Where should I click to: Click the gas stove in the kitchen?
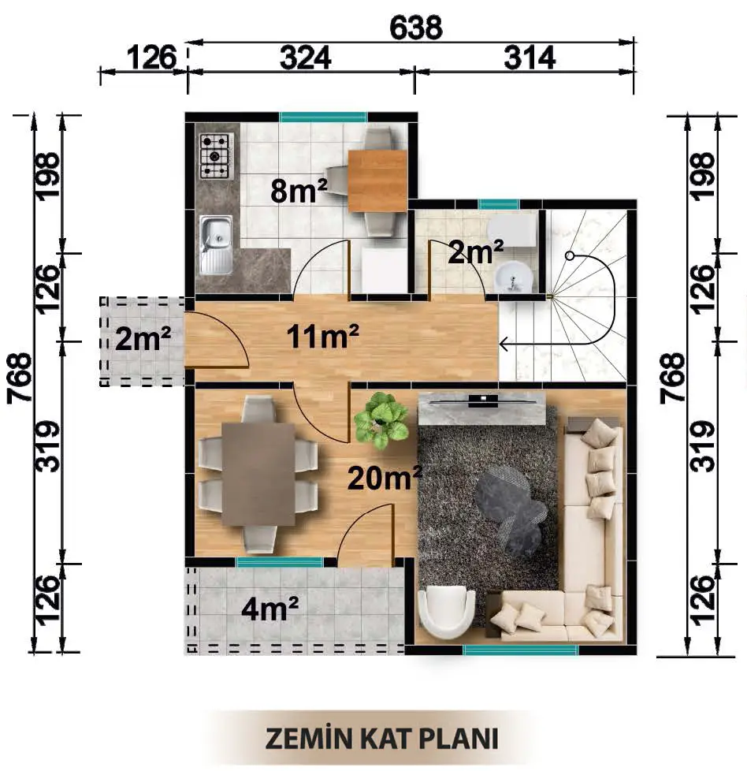point(215,156)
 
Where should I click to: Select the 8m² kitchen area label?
point(299,191)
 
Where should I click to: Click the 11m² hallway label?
point(322,337)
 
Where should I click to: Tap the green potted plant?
point(381,421)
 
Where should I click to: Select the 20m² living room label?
point(385,478)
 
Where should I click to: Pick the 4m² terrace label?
point(269,609)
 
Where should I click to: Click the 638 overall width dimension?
point(416,28)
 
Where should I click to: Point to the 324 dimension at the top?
point(305,58)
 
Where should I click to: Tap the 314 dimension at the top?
point(530,58)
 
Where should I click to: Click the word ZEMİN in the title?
point(310,738)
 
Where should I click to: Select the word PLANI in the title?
point(459,739)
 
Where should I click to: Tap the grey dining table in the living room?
point(258,474)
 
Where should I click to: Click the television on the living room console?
point(482,401)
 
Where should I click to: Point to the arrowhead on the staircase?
point(504,345)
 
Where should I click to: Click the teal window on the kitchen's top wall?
point(323,117)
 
